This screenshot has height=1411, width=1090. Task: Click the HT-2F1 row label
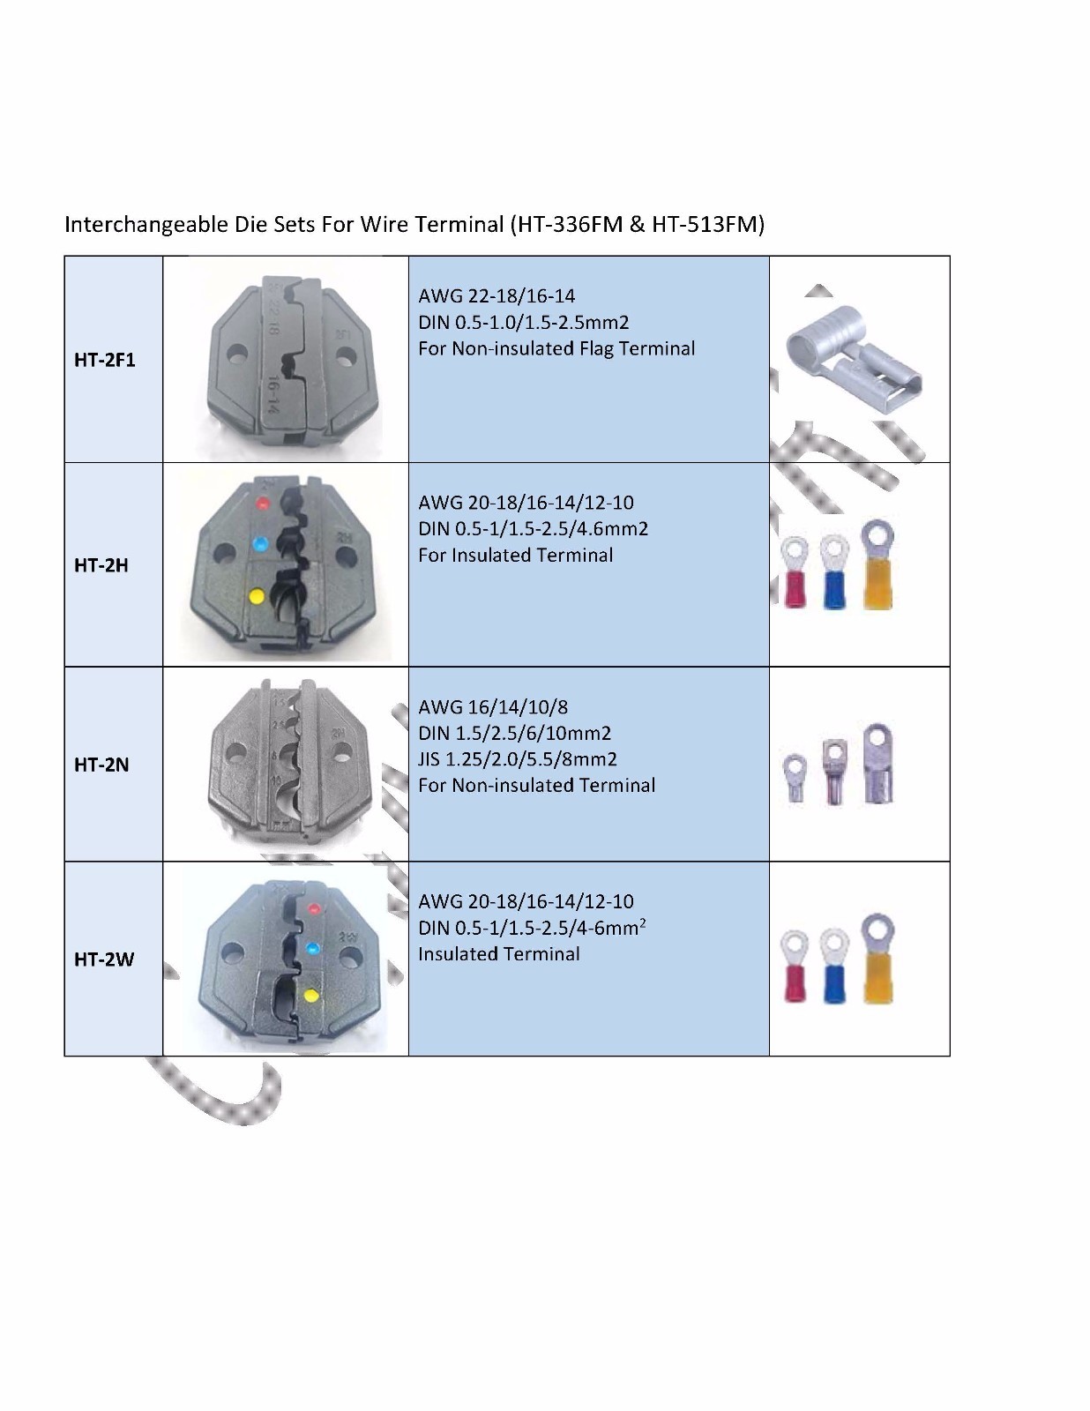[x=105, y=360]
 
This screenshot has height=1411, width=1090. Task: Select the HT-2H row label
[x=101, y=565]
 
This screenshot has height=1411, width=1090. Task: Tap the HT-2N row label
[x=101, y=765]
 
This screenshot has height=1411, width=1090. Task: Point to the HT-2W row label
[x=104, y=959]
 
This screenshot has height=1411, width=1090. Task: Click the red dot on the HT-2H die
[x=263, y=504]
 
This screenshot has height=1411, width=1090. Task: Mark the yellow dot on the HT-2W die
[x=311, y=996]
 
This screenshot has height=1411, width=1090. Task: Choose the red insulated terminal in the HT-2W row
[x=795, y=967]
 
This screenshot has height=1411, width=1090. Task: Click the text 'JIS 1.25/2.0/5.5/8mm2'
[x=518, y=759]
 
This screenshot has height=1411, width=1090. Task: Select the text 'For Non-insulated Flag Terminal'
[x=556, y=348]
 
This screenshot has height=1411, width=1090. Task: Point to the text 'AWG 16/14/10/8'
[x=493, y=706]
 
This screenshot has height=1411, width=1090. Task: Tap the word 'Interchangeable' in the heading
[x=146, y=224]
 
